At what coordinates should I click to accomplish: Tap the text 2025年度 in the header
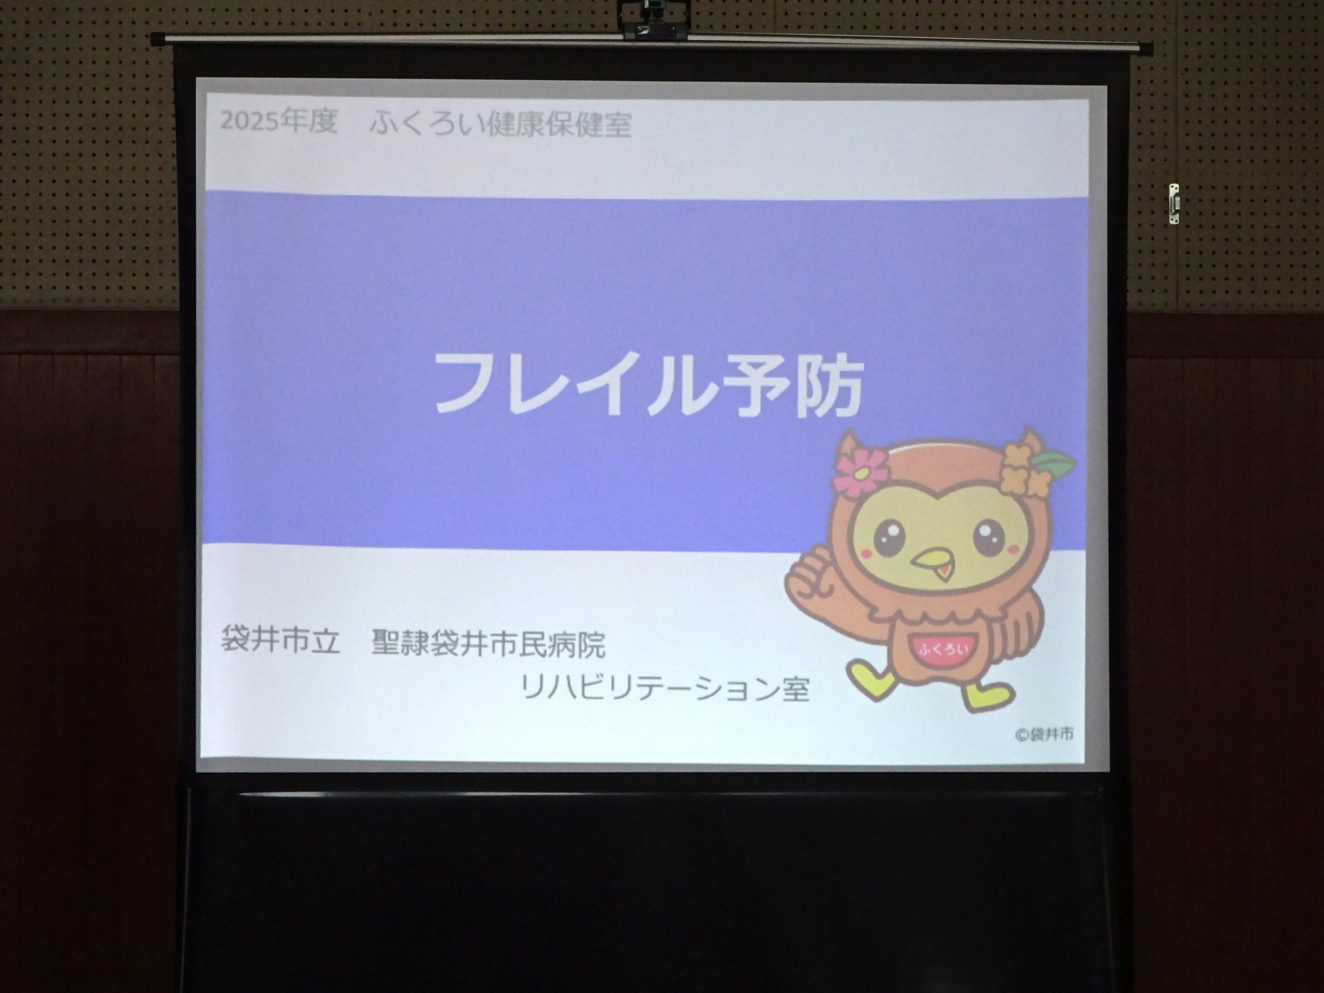click(279, 122)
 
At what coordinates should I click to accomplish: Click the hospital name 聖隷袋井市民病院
click(488, 643)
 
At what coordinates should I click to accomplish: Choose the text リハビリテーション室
click(665, 688)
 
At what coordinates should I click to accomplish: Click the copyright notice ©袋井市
click(1044, 734)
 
